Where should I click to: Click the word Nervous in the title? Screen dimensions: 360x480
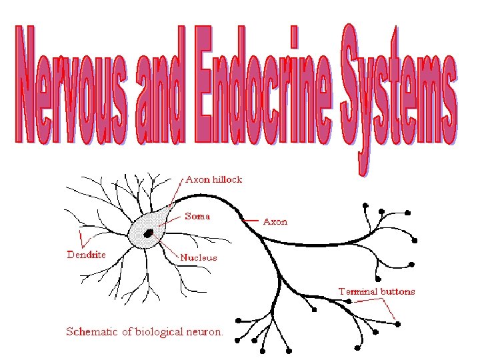click(76, 87)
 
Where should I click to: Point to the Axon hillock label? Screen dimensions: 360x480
click(213, 179)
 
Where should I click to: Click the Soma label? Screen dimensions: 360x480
click(197, 217)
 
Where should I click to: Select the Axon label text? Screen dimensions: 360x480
click(276, 221)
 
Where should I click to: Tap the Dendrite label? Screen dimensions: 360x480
click(86, 254)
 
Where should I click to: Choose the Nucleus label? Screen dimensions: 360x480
click(198, 257)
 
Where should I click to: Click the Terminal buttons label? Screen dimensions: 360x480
click(376, 291)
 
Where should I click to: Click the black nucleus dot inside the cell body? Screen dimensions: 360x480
click(149, 233)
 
